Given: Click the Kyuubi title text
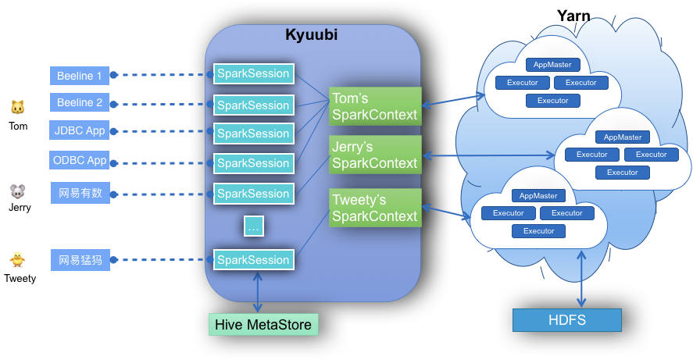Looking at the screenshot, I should click(312, 35).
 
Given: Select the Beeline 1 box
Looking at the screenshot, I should click(80, 76).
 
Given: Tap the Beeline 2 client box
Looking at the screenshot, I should click(80, 102).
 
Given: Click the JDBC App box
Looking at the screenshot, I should click(80, 130).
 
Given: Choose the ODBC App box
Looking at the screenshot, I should click(80, 160).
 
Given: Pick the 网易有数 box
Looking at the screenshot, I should click(80, 193).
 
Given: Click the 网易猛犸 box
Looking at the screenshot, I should click(80, 260).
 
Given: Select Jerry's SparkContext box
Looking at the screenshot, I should click(375, 155).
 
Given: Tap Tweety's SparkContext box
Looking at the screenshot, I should click(375, 208).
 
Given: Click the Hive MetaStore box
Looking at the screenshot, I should click(263, 325).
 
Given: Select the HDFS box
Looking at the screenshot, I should click(566, 320).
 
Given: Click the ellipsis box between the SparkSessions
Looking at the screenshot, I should click(253, 226).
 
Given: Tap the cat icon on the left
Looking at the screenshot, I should click(17, 106).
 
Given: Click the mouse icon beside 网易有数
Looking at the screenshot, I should click(17, 191).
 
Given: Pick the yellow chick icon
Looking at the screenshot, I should click(17, 259).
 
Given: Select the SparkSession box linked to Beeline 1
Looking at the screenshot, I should click(253, 74).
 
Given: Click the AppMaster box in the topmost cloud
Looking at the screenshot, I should click(552, 65).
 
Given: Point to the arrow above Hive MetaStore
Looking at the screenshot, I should click(257, 293).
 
